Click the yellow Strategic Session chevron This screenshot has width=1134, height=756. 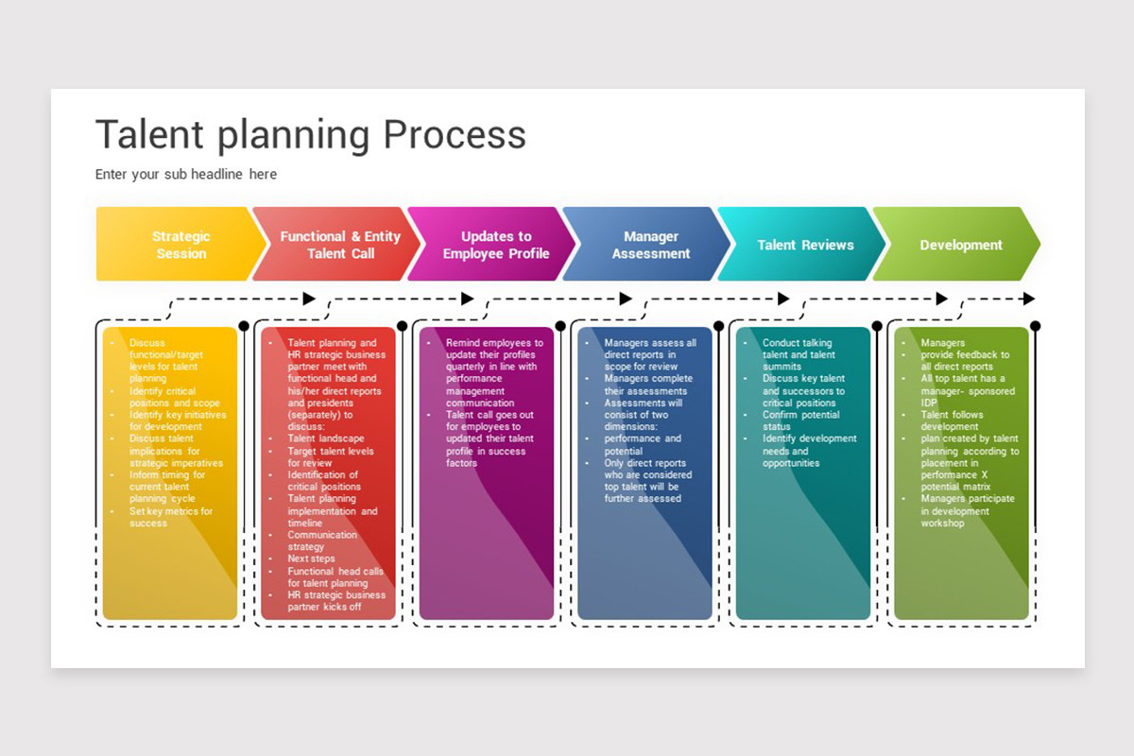180,245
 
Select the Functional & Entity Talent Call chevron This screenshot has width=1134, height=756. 339,245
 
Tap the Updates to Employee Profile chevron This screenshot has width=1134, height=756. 495,245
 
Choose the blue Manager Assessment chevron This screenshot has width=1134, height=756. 650,245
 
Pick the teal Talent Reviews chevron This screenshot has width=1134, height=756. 805,245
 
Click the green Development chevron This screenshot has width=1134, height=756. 960,245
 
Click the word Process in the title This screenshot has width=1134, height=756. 454,134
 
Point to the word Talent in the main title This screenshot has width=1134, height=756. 151,134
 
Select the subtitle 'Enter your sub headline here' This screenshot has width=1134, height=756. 186,174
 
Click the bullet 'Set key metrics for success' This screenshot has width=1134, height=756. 170,517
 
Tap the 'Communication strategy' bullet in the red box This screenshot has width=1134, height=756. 321,541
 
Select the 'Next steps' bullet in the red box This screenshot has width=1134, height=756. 311,558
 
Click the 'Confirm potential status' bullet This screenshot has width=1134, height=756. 800,421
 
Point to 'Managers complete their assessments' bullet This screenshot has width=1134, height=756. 647,385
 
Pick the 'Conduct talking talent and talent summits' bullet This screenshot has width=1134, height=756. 799,354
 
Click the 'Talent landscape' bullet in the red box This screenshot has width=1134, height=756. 325,438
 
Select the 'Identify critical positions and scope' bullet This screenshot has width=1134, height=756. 174,397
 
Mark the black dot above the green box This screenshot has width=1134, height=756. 1035,326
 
